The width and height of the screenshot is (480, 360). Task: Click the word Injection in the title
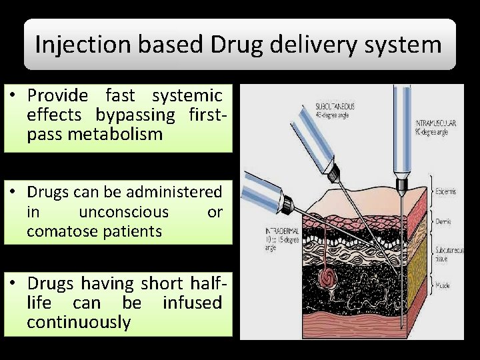pos(74,45)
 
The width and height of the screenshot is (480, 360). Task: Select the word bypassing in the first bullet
pos(135,115)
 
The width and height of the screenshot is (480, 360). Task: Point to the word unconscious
pos(123,212)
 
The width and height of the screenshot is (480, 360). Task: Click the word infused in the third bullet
pos(192,303)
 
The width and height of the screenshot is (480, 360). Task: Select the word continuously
pos(79,322)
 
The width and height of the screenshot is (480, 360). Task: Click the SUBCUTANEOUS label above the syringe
pos(335,106)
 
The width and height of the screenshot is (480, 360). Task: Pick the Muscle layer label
pos(443,285)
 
